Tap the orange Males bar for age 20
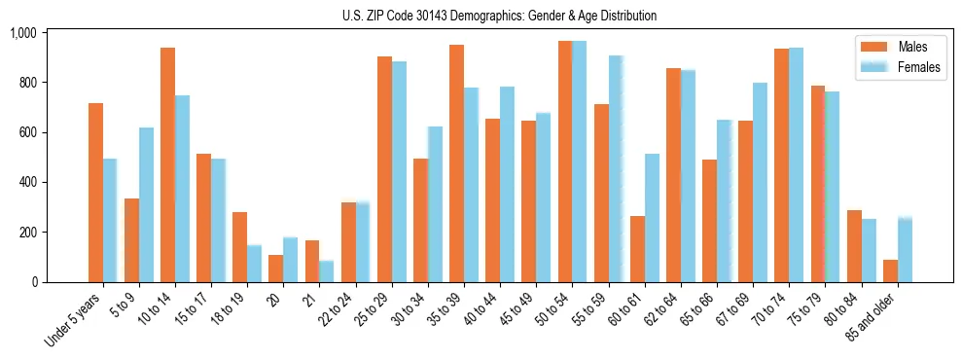coord(275,269)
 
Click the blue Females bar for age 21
coord(327,271)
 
